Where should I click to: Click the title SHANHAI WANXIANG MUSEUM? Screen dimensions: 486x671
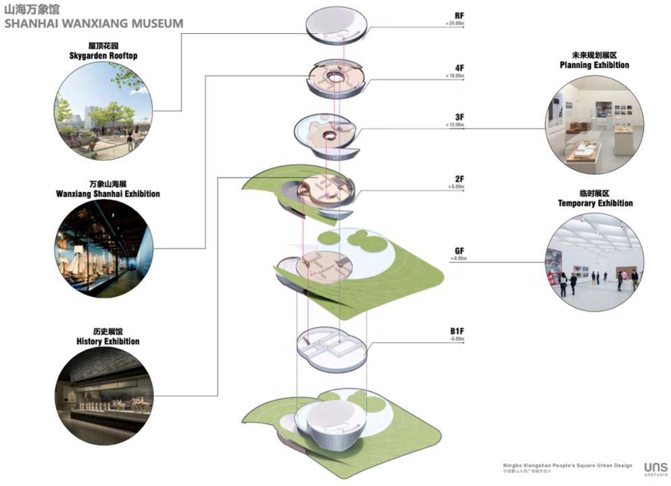click(x=93, y=24)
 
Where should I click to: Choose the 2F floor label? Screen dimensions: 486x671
click(x=459, y=178)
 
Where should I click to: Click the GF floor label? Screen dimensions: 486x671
click(x=459, y=251)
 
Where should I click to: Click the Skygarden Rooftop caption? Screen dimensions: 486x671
click(x=103, y=55)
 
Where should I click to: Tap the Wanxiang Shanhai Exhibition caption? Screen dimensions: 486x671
click(x=108, y=193)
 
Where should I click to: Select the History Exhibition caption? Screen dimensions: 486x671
click(x=108, y=341)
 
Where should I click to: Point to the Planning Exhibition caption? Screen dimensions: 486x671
click(x=594, y=65)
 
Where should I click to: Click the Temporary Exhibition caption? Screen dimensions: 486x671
click(x=595, y=203)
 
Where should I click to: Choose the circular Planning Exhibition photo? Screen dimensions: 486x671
click(x=593, y=126)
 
